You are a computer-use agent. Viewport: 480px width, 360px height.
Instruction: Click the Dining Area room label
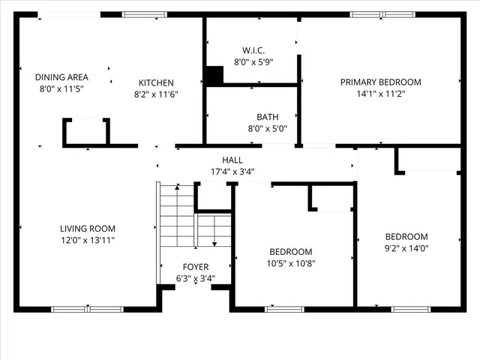coord(61,77)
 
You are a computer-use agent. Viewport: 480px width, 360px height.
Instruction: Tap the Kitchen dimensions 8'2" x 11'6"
coord(156,94)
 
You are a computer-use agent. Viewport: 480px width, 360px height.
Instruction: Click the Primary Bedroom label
coord(380,82)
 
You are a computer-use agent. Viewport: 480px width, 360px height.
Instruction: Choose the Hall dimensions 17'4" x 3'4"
coord(232,171)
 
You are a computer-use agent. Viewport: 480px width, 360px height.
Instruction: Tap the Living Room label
coord(88,229)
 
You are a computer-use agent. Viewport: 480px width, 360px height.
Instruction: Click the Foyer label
coord(196,267)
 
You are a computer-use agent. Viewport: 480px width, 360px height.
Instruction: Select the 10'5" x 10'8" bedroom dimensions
coord(291,263)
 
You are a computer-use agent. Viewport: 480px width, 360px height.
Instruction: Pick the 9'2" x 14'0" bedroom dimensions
coord(406,248)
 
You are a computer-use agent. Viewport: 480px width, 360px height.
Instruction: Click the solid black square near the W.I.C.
coord(214,75)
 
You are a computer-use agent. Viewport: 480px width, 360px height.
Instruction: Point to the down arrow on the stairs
coord(214,242)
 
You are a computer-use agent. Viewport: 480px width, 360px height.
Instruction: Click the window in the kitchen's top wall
coord(145,13)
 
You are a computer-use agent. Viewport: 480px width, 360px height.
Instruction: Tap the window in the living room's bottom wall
coord(87,308)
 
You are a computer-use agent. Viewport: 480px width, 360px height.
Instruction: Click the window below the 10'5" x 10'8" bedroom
coord(285,308)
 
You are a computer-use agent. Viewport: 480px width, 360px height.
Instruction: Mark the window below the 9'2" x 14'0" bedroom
coord(410,308)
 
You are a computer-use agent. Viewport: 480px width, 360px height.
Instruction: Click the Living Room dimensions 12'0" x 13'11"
coord(88,240)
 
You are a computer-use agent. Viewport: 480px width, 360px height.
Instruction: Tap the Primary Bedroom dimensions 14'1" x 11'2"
coord(380,94)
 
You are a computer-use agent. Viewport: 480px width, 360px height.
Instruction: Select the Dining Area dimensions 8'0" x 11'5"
coord(61,88)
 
